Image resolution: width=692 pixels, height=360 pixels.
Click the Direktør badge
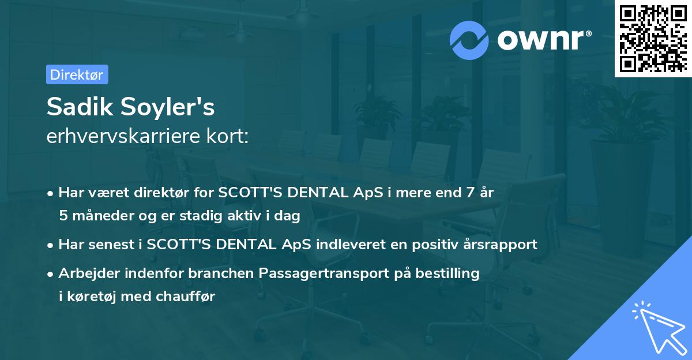click(77, 74)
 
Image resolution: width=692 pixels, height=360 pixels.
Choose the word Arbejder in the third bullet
click(85, 273)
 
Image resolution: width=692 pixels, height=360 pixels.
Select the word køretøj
click(91, 297)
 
